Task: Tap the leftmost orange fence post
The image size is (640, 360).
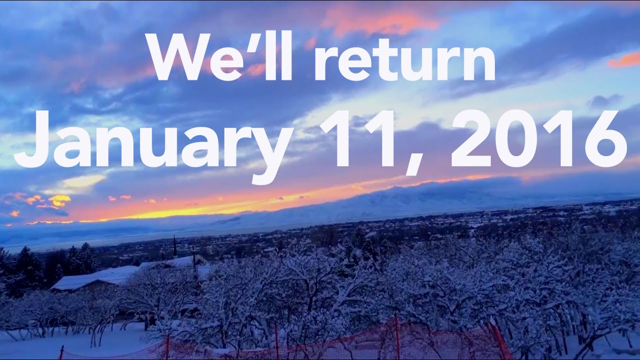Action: (x=61, y=352)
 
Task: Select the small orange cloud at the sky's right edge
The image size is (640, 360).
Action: (x=625, y=60)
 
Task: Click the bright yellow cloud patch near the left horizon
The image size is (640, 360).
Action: (x=59, y=200)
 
